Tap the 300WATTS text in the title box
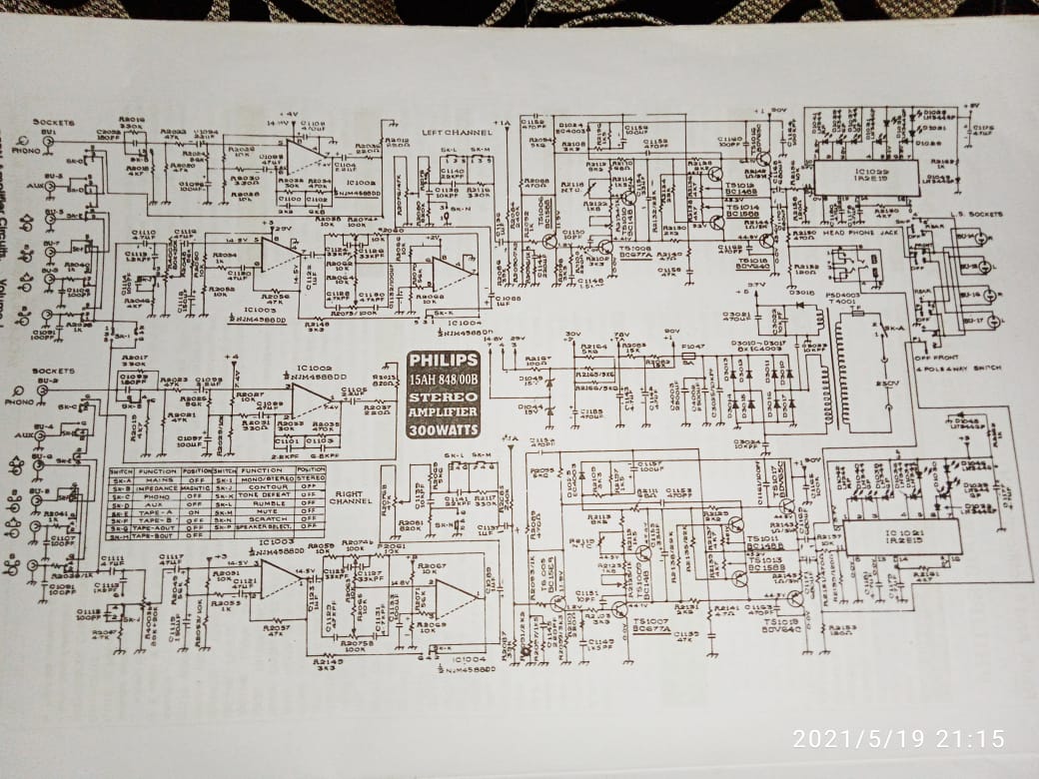[x=443, y=430]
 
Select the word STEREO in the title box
[x=443, y=396]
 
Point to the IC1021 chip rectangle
[x=900, y=537]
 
